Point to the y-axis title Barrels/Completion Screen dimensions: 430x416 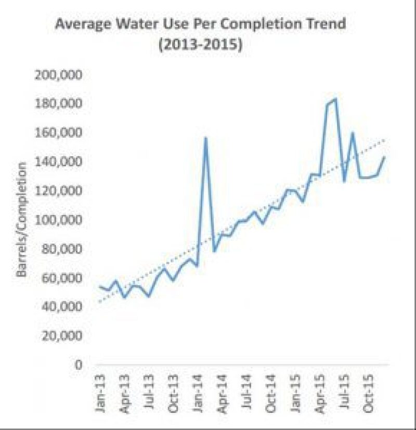coord(22,220)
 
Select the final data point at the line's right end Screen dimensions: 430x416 coord(385,157)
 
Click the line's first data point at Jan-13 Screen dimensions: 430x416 coord(100,286)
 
